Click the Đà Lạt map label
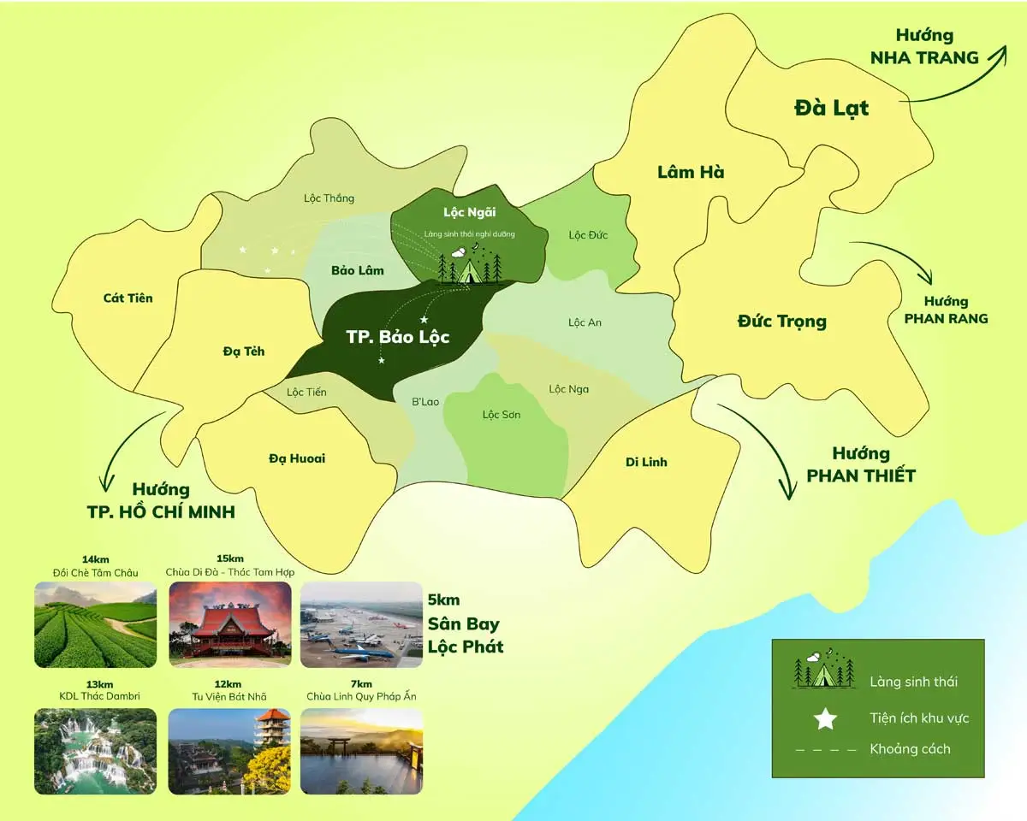coord(831,109)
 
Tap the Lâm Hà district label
coord(691,172)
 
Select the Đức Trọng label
coord(781,322)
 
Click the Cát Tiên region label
coord(128,298)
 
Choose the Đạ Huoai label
coord(296,458)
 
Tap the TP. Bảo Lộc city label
coord(397,337)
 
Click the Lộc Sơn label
coord(502,415)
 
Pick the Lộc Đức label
coord(588,234)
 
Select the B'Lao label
coord(425,400)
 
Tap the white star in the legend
coord(825,719)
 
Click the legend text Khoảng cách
coord(910,749)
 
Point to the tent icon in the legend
coord(824,670)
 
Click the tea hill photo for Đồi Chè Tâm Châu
coord(96,624)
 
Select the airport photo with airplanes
coord(362,624)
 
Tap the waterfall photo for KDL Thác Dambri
coord(96,751)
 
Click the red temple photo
coord(230,624)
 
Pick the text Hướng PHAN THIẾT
coord(861,464)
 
